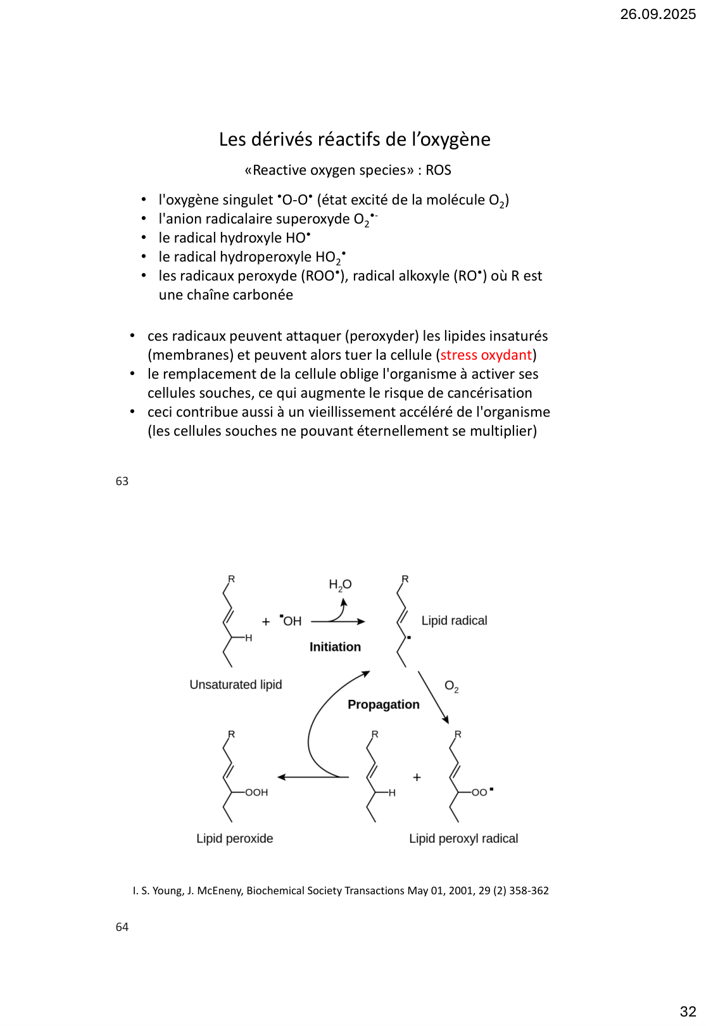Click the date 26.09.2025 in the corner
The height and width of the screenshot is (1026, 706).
657,15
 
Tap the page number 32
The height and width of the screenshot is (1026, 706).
688,1011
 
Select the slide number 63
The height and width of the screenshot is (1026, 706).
122,481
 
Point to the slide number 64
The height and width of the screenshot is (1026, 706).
122,927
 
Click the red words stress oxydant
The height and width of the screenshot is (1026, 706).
486,355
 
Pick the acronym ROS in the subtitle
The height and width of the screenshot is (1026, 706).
438,170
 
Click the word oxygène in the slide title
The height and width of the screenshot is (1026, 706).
455,139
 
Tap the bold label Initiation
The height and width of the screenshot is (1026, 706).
335,647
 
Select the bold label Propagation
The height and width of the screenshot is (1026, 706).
383,704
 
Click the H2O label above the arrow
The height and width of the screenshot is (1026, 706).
340,585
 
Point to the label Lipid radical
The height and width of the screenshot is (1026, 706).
454,621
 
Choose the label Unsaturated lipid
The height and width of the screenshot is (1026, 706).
236,685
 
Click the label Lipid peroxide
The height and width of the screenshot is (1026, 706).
234,839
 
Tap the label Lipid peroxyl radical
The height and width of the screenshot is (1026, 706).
463,839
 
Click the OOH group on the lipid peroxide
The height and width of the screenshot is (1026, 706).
256,792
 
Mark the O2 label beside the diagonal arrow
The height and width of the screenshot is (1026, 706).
451,687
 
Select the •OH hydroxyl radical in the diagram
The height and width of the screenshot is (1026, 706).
291,621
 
